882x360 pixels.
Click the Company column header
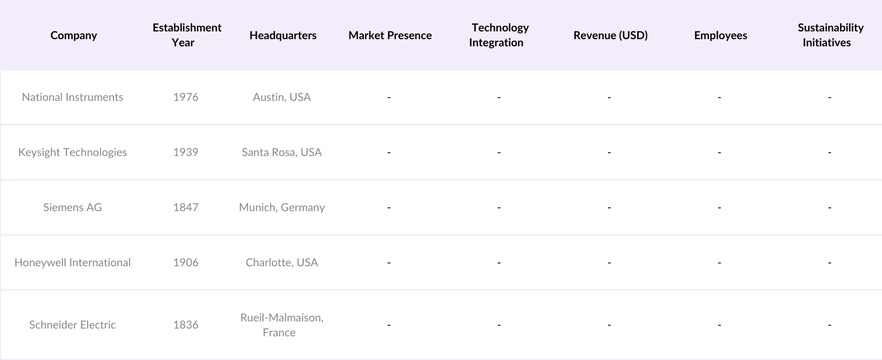click(x=73, y=35)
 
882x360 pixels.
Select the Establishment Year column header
click(x=187, y=35)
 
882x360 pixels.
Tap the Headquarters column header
click(x=283, y=35)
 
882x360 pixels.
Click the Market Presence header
click(x=390, y=35)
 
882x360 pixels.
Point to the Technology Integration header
click(x=499, y=35)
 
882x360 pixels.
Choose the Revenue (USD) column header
click(x=610, y=35)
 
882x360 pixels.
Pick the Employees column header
click(x=720, y=35)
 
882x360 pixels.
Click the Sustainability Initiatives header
click(x=830, y=35)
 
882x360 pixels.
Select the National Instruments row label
click(x=72, y=97)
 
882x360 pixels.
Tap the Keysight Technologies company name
click(x=72, y=152)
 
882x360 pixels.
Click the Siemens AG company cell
click(x=72, y=207)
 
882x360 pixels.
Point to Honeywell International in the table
click(x=72, y=262)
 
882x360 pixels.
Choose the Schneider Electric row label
click(x=72, y=325)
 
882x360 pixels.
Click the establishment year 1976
click(x=185, y=97)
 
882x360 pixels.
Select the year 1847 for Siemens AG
click(x=185, y=207)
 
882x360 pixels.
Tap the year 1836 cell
click(x=185, y=325)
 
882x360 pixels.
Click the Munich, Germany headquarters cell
click(x=282, y=207)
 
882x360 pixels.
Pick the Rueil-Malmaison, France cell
click(x=281, y=325)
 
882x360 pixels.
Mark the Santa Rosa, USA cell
click(x=282, y=152)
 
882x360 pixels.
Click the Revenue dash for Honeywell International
click(x=609, y=263)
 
